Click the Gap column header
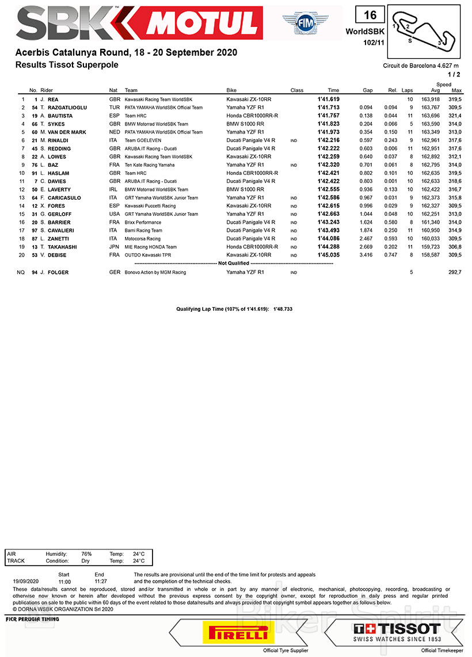click(x=367, y=90)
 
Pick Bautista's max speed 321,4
click(x=455, y=116)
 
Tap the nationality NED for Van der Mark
click(x=115, y=132)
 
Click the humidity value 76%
click(x=86, y=553)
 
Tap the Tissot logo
click(x=397, y=631)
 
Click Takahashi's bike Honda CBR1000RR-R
click(x=253, y=247)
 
